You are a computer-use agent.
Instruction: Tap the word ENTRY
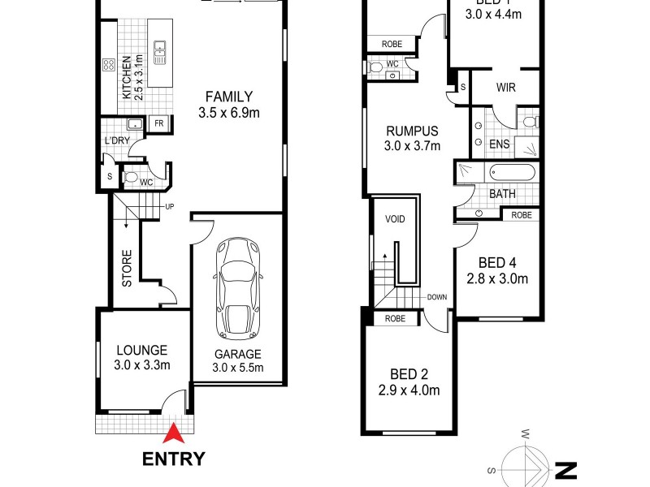(x=173, y=459)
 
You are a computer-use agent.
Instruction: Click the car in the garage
(x=238, y=290)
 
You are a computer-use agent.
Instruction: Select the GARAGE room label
(x=238, y=354)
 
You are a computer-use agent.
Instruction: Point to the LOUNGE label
(x=141, y=351)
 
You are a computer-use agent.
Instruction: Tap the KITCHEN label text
(x=126, y=77)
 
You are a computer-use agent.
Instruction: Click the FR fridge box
(x=159, y=125)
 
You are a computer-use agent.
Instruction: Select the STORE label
(x=127, y=273)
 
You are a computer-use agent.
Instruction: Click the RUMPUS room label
(x=412, y=131)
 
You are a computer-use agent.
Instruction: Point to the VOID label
(x=395, y=219)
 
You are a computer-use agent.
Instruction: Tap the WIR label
(x=505, y=88)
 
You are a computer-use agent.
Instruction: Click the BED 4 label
(x=497, y=263)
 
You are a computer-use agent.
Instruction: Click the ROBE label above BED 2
(x=396, y=319)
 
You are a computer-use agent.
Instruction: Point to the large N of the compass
(x=565, y=470)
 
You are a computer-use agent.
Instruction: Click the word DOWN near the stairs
(x=436, y=297)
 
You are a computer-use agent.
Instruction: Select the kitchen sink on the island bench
(x=159, y=52)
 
